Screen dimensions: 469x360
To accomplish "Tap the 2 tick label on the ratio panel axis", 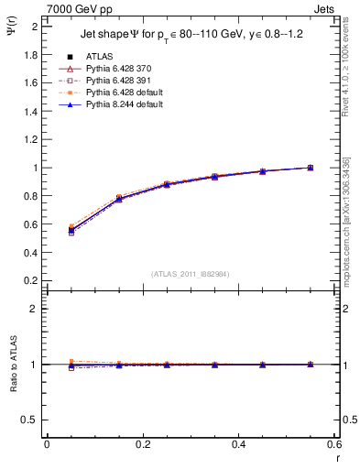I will coord(33,309).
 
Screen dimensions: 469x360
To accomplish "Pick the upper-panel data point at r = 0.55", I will coord(311,168).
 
